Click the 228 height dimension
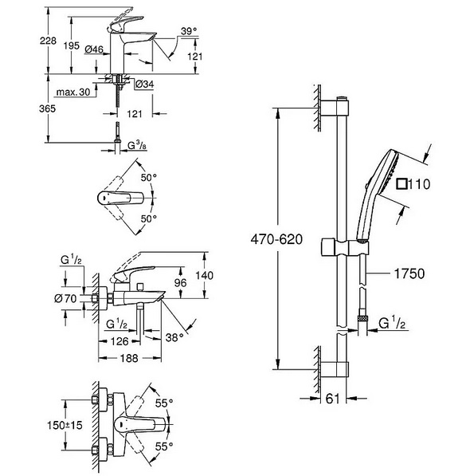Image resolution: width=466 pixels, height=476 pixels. tap(48, 41)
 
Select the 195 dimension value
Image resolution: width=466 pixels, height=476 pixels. tap(72, 45)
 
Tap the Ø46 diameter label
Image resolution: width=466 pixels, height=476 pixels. tap(94, 49)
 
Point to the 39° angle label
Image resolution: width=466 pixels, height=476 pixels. tap(189, 31)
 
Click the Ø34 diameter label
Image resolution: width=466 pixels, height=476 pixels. tap(144, 84)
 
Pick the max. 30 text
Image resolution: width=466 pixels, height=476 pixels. tap(73, 92)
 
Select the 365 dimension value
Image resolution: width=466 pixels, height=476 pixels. tap(47, 108)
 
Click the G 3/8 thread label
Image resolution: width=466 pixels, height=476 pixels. tap(137, 146)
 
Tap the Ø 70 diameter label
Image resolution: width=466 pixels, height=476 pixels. tap(65, 299)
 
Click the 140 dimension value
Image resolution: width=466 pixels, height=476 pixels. tap(204, 275)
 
